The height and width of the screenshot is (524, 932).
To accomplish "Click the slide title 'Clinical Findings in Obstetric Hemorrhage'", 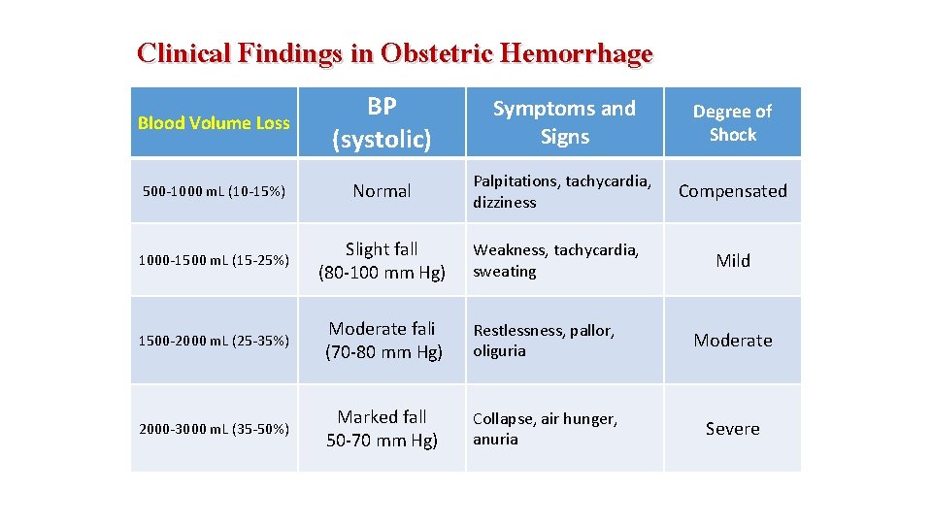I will (395, 53).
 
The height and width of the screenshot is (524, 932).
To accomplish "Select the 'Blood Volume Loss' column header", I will (214, 123).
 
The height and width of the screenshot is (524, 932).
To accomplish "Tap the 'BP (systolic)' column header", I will (382, 123).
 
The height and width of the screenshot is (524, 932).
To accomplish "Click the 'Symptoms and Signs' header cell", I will (564, 123).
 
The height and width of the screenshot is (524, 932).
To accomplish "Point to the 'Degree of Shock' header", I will (732, 123).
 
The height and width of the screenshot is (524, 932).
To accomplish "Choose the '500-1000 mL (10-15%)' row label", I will (214, 191).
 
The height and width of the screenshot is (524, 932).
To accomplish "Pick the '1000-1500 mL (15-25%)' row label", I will (214, 260).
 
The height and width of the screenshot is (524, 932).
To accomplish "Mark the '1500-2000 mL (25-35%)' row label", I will (214, 341).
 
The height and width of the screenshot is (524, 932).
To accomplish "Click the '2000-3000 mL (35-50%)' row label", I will (214, 429).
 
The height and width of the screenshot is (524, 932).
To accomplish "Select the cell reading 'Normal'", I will (382, 191).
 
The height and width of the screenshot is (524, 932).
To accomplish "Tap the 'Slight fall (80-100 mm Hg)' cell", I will (382, 261).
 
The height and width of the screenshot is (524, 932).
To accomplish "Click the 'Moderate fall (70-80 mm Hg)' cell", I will (382, 341).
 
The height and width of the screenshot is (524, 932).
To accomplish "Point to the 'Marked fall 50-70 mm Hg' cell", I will (382, 429).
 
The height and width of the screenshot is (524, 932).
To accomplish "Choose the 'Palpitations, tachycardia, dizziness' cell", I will (561, 192).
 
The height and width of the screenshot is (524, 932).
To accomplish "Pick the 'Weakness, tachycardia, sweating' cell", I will (555, 261).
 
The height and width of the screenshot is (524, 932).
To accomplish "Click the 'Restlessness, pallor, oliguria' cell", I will (544, 341).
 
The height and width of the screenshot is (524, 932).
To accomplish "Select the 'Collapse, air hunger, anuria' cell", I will (544, 429).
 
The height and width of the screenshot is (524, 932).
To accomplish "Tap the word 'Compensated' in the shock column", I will (732, 191).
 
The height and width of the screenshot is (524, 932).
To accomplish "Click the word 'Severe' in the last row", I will (732, 429).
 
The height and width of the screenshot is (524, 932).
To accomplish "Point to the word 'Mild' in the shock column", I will (732, 260).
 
